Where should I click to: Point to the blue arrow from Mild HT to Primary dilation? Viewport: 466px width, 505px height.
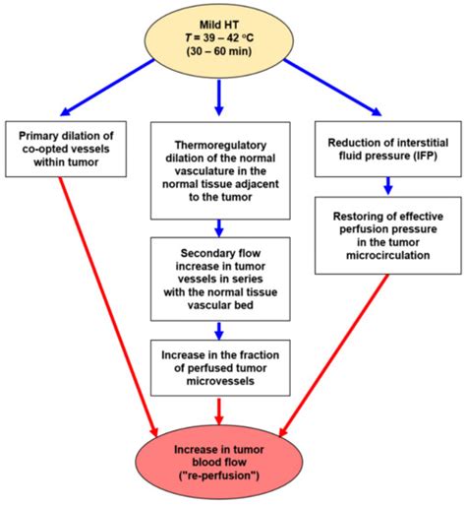(x=108, y=87)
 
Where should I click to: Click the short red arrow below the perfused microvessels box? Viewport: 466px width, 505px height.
(x=220, y=409)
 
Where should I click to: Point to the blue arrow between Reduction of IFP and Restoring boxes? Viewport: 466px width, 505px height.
(x=386, y=182)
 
